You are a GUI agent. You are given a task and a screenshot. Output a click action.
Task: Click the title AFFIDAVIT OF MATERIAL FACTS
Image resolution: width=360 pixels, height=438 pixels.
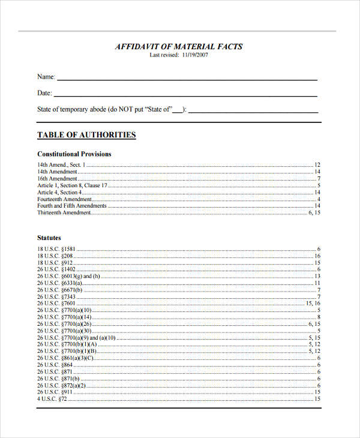pos(179,46)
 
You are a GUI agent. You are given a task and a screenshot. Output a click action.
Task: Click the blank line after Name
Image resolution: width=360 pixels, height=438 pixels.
pos(187,79)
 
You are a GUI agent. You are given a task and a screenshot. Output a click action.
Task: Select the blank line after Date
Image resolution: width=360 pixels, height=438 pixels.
pos(185,95)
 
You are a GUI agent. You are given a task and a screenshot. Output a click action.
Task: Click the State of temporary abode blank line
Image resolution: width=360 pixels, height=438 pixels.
pos(253,111)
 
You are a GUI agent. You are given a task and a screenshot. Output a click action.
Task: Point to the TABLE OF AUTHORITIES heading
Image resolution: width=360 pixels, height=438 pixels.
pos(86,135)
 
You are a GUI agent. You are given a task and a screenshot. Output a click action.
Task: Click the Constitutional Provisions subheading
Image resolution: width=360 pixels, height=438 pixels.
pos(74,154)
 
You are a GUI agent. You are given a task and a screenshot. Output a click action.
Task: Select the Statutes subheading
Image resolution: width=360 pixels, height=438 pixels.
pos(49,238)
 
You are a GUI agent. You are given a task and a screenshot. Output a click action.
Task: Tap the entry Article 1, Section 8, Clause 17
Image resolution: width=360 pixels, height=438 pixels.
pos(73,185)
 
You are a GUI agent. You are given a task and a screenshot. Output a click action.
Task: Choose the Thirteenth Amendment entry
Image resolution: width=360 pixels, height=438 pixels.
pos(64,212)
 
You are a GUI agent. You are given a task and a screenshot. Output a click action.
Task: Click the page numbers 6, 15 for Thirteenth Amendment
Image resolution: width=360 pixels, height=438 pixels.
pos(314,212)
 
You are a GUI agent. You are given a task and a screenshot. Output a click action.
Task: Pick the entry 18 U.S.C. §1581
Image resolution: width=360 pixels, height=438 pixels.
pos(56,249)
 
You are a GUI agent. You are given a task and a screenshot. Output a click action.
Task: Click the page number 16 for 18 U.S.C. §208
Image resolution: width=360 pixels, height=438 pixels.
pos(317,256)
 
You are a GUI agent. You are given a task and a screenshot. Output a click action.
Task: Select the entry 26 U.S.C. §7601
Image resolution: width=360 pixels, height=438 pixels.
pos(56,304)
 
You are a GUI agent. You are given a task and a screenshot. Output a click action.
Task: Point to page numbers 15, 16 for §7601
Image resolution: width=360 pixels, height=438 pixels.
pos(313,304)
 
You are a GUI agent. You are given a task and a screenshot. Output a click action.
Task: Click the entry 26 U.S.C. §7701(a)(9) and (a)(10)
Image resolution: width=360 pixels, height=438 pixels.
pos(76,338)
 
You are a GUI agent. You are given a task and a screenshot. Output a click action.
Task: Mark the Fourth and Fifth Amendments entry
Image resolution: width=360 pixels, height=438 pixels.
pos(72,206)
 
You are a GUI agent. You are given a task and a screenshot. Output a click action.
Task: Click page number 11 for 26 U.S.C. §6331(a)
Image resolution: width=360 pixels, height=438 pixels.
pos(317,283)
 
